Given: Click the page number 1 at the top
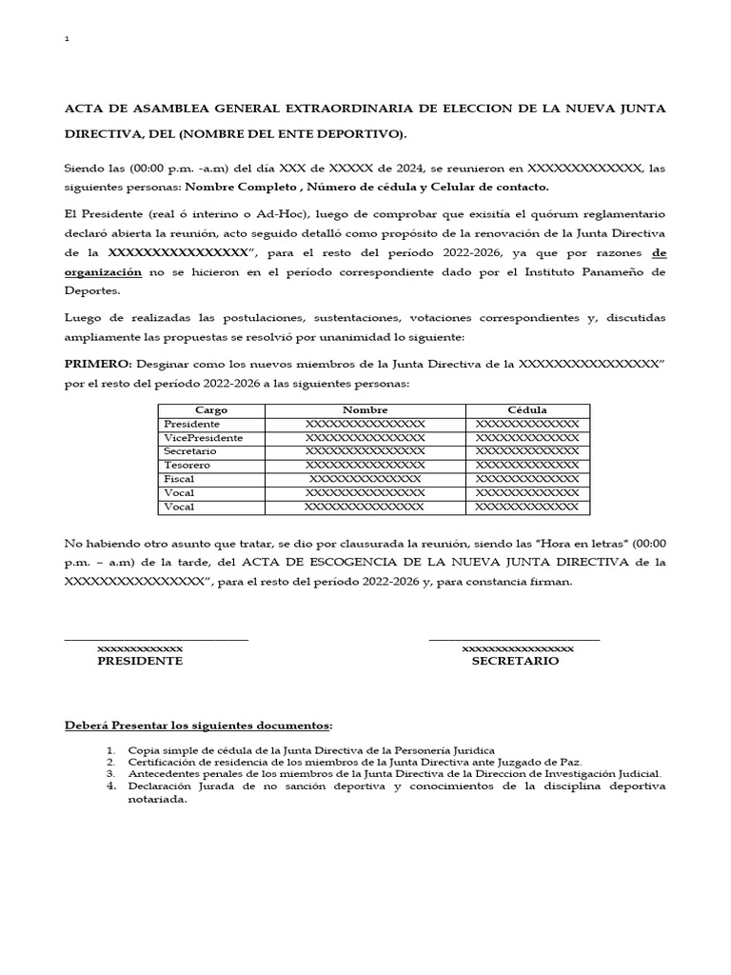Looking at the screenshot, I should [x=66, y=39].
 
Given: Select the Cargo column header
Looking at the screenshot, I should [x=210, y=410].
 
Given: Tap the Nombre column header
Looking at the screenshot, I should [x=365, y=410].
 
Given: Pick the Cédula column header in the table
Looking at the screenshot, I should [x=526, y=410].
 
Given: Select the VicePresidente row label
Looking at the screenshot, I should [x=203, y=438].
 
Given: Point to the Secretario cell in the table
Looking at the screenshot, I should [x=190, y=451].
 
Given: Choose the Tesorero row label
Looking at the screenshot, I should [x=188, y=466].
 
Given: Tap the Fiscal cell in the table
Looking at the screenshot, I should [x=179, y=479].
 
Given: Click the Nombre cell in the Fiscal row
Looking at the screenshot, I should [x=365, y=479].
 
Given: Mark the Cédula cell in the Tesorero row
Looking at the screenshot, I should [x=526, y=466].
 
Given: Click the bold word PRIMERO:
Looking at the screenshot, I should [x=99, y=365].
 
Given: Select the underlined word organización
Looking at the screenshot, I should [x=103, y=272].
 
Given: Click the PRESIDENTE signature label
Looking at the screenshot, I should [x=140, y=661].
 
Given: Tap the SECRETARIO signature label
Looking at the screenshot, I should [x=515, y=661].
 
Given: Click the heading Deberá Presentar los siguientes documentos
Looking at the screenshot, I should [x=198, y=726].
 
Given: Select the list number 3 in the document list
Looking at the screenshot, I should [x=111, y=775].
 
